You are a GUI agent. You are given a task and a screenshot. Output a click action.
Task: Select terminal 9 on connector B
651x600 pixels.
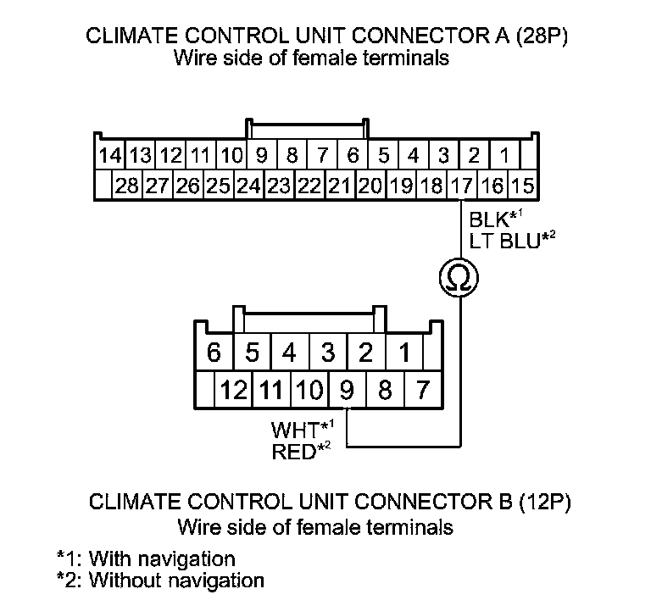coord(346,391)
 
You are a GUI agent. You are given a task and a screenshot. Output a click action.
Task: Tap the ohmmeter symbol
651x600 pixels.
coord(457,276)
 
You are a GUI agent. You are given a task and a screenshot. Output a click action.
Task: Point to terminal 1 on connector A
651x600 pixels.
coord(504,157)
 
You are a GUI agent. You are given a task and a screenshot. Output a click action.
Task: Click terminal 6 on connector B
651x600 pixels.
coord(215,352)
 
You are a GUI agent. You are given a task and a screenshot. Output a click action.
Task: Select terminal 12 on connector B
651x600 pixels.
coord(234,391)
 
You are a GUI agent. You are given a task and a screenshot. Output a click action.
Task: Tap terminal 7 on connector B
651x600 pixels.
coord(423,391)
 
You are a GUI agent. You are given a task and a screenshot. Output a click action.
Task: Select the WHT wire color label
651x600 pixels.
coord(294,428)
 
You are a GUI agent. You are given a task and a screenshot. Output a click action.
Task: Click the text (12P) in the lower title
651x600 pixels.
coord(540,502)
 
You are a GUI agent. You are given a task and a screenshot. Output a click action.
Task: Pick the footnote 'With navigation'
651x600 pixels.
coord(161,559)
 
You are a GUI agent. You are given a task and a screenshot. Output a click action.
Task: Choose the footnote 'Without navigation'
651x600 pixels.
coord(175,581)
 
